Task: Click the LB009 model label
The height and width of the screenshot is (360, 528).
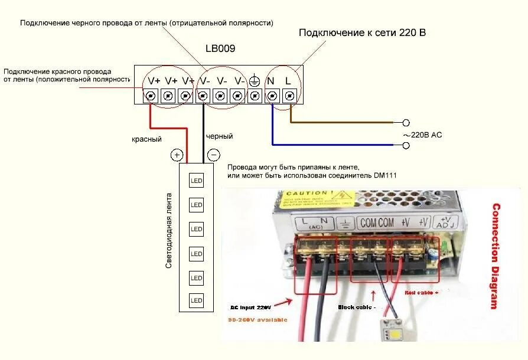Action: (220, 49)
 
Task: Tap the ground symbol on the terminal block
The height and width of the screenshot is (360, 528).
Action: (255, 81)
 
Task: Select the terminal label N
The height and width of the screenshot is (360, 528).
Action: (271, 81)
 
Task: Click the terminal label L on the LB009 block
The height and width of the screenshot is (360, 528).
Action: (288, 81)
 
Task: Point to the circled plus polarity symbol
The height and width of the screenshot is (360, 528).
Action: (177, 155)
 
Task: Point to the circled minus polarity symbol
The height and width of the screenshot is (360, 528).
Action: (213, 155)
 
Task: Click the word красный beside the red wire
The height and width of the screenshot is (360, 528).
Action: (146, 139)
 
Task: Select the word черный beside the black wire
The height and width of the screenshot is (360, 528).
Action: (220, 136)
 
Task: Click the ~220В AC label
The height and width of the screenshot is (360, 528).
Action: (422, 135)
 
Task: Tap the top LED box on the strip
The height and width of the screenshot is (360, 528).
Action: (196, 181)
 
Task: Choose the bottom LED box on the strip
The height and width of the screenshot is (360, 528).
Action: (196, 300)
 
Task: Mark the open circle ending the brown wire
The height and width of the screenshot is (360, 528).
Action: (406, 123)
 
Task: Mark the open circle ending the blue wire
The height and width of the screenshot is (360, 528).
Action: (406, 144)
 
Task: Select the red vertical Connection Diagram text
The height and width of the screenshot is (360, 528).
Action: (496, 256)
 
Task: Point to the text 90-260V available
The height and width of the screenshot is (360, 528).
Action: (257, 320)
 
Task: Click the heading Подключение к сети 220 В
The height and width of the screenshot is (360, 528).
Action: (362, 32)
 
